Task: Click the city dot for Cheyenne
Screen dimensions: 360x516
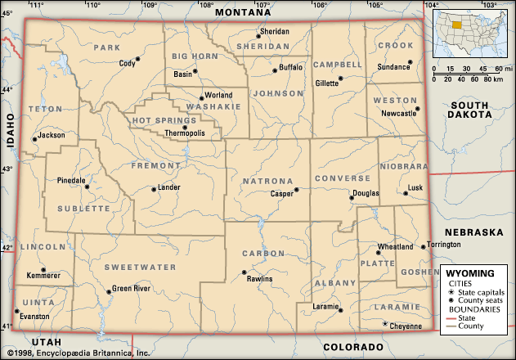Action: [385, 324]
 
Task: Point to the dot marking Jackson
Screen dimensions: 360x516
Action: [34, 139]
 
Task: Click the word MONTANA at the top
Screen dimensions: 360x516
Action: [242, 13]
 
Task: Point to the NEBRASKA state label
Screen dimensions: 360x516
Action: [473, 232]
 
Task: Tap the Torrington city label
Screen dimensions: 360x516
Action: [451, 245]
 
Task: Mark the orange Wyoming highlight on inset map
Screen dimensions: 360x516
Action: [456, 24]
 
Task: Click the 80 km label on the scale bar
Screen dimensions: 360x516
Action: [492, 79]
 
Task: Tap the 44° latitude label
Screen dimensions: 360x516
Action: [7, 89]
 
